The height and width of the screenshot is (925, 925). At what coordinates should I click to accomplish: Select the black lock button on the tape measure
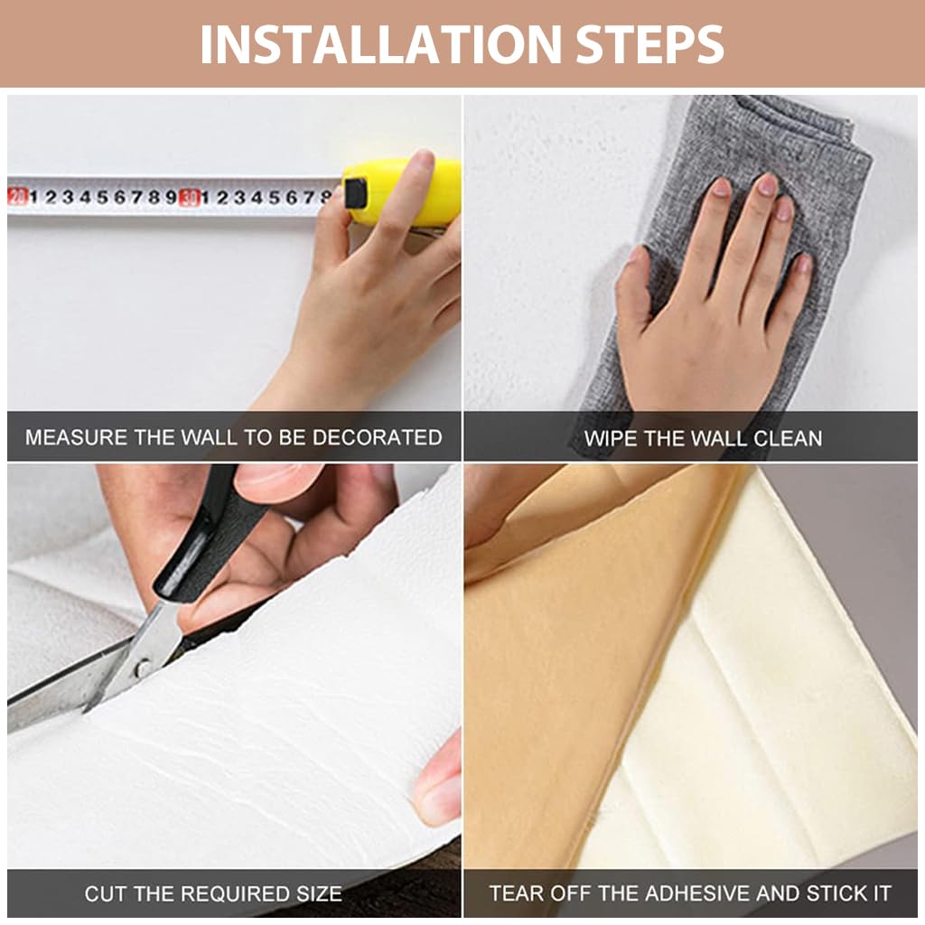pyautogui.click(x=356, y=194)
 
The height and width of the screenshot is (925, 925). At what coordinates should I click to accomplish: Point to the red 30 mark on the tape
pyautogui.click(x=188, y=197)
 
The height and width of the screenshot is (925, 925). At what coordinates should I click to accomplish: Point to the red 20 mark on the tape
pyautogui.click(x=17, y=196)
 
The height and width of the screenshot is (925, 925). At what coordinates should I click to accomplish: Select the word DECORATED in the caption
pyautogui.click(x=377, y=437)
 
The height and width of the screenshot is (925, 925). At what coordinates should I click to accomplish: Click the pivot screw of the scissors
pyautogui.click(x=142, y=668)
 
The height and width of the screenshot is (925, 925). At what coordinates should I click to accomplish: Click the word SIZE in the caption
pyautogui.click(x=319, y=893)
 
